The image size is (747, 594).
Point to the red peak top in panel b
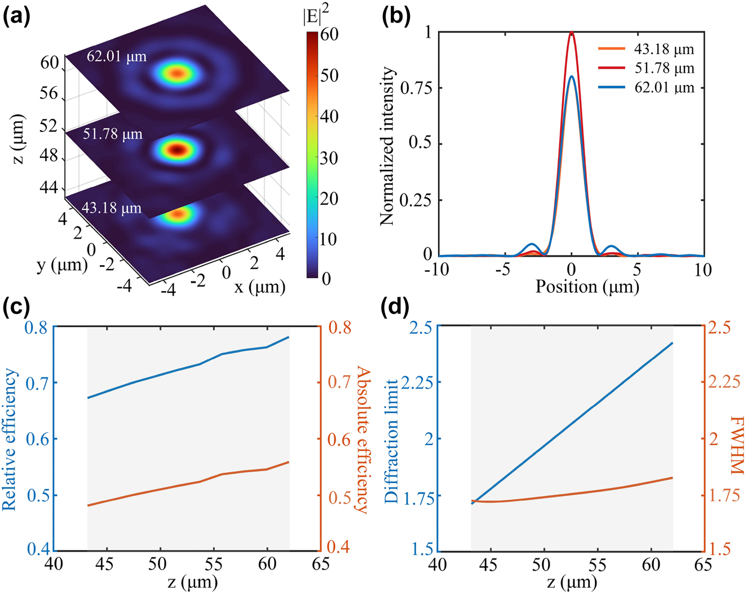(x=572, y=33)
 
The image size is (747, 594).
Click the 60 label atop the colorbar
(x=329, y=34)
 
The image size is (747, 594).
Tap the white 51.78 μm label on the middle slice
(x=113, y=134)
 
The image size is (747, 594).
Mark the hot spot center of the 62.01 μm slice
(x=178, y=73)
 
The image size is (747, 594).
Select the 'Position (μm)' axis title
(x=587, y=287)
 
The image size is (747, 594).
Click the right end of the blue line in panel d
(x=673, y=342)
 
